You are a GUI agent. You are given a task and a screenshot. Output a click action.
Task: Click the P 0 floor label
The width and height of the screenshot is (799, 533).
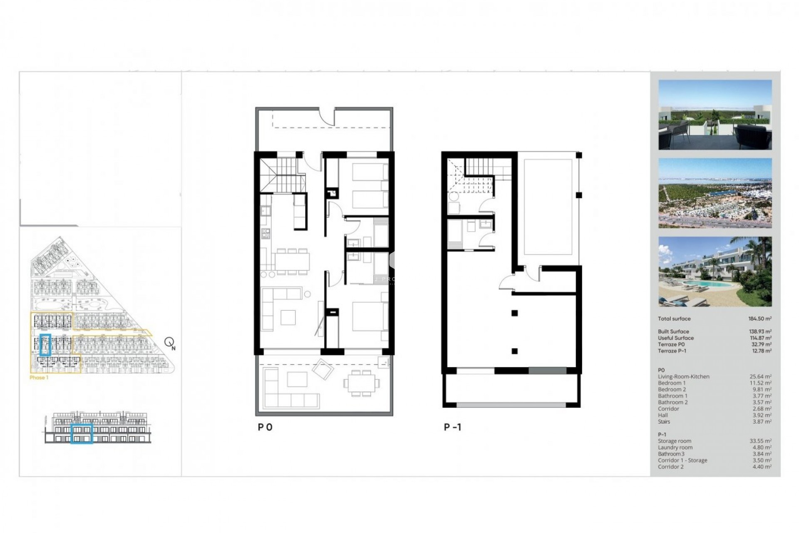tap(265, 427)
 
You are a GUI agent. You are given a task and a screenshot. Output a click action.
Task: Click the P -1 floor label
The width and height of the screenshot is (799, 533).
tap(452, 427)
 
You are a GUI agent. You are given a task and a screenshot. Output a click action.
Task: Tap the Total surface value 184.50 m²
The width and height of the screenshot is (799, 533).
tap(759, 319)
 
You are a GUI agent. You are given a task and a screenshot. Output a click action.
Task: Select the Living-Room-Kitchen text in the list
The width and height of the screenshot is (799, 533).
tap(683, 376)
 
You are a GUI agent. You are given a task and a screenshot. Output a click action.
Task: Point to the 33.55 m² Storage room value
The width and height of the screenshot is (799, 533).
tap(760, 441)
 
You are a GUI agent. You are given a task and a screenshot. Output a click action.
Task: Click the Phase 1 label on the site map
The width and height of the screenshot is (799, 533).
tap(39, 378)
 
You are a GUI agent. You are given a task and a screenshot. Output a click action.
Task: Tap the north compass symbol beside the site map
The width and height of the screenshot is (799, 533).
tap(169, 343)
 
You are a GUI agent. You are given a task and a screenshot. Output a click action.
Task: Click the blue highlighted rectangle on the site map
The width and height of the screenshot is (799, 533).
tap(45, 344)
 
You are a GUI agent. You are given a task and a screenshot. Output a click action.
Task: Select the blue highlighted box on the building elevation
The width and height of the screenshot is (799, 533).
tap(82, 433)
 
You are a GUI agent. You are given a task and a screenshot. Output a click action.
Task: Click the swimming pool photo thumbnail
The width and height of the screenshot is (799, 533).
tap(715, 271)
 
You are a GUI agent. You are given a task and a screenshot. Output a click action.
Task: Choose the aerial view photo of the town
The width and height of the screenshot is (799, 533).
tap(715, 193)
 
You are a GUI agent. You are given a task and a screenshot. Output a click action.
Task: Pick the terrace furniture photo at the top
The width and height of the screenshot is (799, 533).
tap(715, 115)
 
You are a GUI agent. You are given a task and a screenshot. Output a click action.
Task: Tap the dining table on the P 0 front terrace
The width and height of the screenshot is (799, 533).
tap(361, 382)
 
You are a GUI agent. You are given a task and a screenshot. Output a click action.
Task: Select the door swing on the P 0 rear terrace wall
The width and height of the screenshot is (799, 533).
tap(327, 116)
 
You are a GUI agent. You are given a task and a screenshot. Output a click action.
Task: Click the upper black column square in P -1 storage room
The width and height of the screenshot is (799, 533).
tap(515, 313)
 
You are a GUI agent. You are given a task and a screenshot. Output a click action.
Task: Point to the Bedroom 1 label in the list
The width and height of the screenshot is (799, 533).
tap(672, 383)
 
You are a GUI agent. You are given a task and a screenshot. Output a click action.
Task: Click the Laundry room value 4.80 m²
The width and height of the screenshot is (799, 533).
tap(760, 448)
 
